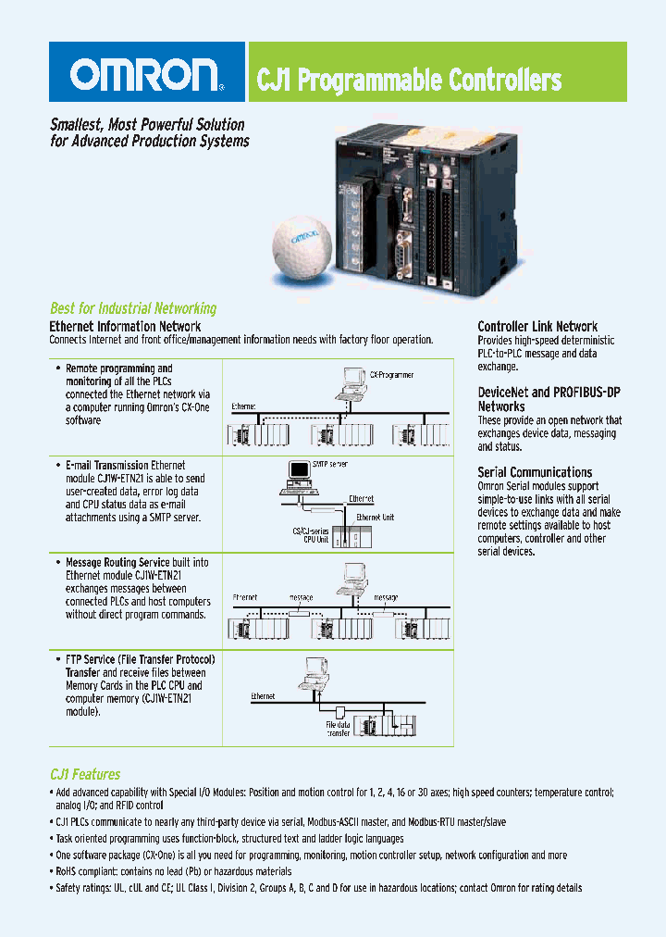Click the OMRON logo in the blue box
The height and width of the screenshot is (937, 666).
pyautogui.click(x=146, y=74)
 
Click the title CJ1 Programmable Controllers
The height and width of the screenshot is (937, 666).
pyautogui.click(x=409, y=81)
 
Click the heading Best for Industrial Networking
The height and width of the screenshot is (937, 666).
pyautogui.click(x=132, y=308)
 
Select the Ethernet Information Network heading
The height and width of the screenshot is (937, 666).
pyautogui.click(x=125, y=326)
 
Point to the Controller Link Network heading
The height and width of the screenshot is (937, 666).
pyautogui.click(x=537, y=326)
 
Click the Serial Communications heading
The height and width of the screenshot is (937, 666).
pyautogui.click(x=535, y=472)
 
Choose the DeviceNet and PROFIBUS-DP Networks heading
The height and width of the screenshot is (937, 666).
pyautogui.click(x=549, y=399)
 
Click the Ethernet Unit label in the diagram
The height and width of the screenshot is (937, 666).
pyautogui.click(x=375, y=517)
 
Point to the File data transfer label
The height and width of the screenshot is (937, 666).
pyautogui.click(x=338, y=729)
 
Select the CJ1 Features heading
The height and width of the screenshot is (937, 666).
pyautogui.click(x=84, y=774)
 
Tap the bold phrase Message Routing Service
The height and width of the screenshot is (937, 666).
pyautogui.click(x=117, y=562)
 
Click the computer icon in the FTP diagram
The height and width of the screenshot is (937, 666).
pyautogui.click(x=315, y=668)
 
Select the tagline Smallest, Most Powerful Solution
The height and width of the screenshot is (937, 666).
pyautogui.click(x=147, y=124)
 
